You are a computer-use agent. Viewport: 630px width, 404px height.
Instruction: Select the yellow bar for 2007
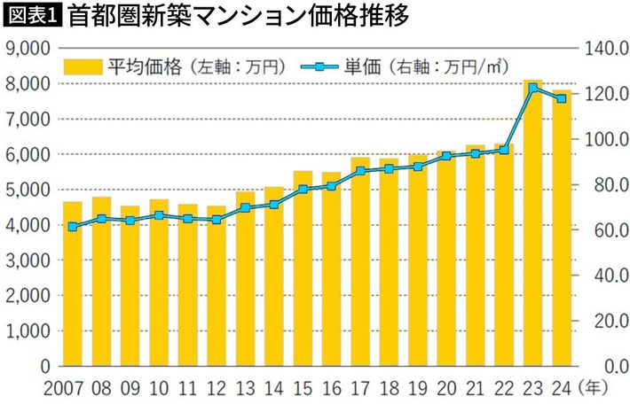[x=72, y=284]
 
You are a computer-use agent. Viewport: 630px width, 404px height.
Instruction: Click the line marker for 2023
[x=532, y=88]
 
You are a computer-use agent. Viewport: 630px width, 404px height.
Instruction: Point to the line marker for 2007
[x=72, y=227]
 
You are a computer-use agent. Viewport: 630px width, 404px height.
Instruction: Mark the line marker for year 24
[x=561, y=98]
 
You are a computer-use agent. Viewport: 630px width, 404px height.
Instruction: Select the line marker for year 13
[x=245, y=208]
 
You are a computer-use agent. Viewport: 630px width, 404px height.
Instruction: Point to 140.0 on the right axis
[x=605, y=48]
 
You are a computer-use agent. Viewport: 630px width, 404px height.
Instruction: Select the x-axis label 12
[x=216, y=388]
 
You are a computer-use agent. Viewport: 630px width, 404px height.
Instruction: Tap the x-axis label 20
[x=446, y=388]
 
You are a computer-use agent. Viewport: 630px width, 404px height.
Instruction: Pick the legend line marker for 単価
[x=319, y=66]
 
